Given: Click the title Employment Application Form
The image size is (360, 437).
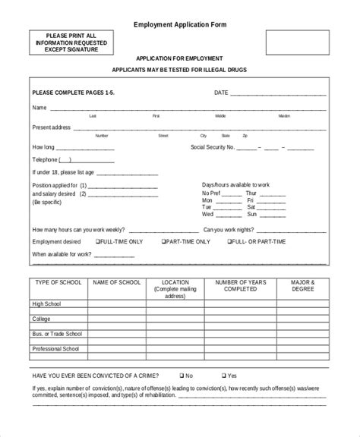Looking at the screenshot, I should click(180, 24).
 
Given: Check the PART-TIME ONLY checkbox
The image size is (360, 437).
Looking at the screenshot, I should click(163, 241).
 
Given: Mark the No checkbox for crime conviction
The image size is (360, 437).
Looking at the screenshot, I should click(181, 375).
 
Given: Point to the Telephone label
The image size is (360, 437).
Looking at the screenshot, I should click(44, 159).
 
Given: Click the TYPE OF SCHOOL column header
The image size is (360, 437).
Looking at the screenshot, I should click(58, 282).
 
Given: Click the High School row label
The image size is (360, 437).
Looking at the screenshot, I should click(48, 303).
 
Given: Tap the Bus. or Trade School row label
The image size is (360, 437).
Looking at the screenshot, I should click(57, 334).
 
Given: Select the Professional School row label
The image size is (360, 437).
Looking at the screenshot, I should click(55, 349).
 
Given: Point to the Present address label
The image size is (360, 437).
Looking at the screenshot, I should click(52, 127).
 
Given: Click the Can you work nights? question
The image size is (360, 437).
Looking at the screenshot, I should click(229, 228).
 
